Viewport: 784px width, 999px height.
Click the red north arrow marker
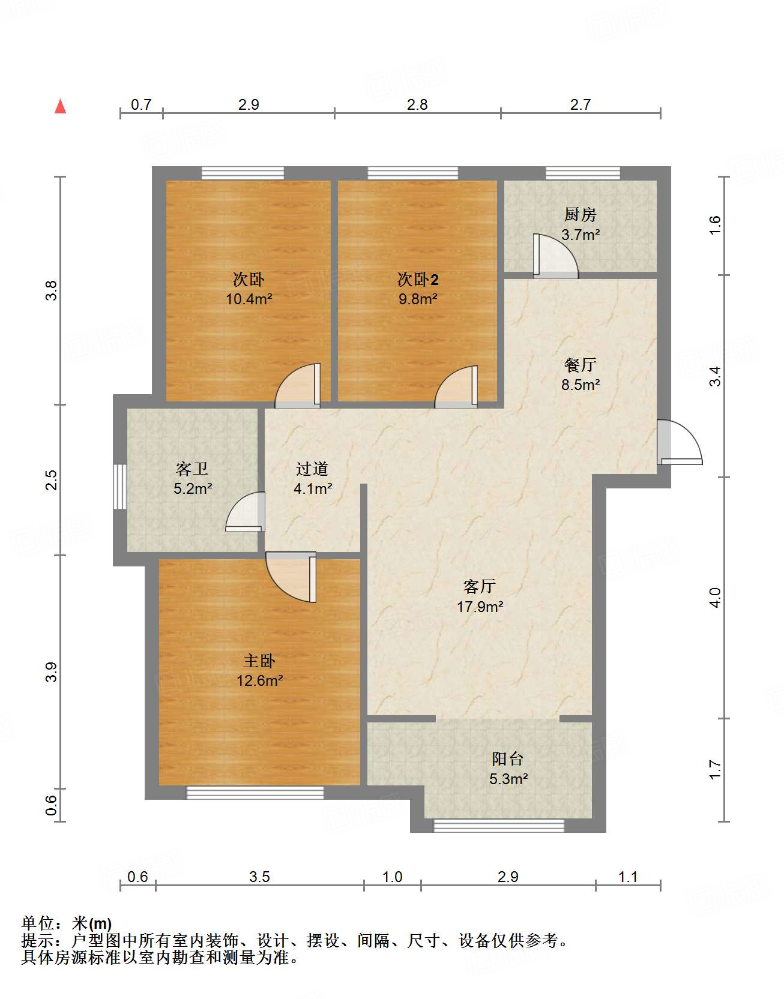coord(60,106)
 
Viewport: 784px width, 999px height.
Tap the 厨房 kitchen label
coord(580,214)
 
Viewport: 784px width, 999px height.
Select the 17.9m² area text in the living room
coord(480,607)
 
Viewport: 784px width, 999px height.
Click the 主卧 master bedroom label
coord(259,661)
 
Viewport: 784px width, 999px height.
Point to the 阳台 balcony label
coord(508,759)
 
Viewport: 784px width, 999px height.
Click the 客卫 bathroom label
coord(192,469)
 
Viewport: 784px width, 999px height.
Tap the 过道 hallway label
coord(312,469)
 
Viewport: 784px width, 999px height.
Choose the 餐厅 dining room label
coord(580,365)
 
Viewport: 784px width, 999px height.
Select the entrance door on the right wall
coord(678,442)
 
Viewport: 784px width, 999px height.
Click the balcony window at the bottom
coord(499,826)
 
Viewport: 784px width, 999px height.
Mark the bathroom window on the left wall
coord(120,486)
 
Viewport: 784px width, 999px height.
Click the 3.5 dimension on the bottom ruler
coord(259,877)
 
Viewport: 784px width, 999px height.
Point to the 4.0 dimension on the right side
coord(714,598)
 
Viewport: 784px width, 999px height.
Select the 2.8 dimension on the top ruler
coord(417,104)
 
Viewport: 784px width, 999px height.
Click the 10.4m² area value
coord(249,299)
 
